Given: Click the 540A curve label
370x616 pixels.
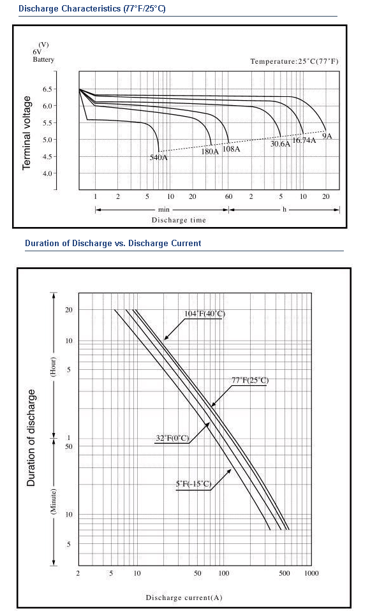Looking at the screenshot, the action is pyautogui.click(x=158, y=158).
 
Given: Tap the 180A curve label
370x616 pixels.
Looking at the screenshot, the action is pyautogui.click(x=210, y=152).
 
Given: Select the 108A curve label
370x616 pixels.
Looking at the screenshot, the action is pyautogui.click(x=231, y=149).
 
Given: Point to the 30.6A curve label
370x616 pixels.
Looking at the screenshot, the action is pyautogui.click(x=280, y=144).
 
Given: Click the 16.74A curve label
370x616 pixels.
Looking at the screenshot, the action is pyautogui.click(x=304, y=140).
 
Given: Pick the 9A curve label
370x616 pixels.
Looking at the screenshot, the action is pyautogui.click(x=327, y=136).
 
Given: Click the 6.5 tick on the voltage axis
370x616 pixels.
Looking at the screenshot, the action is pyautogui.click(x=47, y=89).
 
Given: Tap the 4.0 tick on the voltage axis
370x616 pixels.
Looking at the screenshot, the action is pyautogui.click(x=47, y=173).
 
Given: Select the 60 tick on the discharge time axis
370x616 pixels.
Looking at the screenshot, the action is pyautogui.click(x=228, y=196).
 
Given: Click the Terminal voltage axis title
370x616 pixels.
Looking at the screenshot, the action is pyautogui.click(x=26, y=133).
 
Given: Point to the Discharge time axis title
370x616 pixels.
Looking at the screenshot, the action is pyautogui.click(x=179, y=220).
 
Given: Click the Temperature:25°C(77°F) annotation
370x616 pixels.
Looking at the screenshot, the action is pyautogui.click(x=294, y=61).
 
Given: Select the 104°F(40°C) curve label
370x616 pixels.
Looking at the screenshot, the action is pyautogui.click(x=205, y=314).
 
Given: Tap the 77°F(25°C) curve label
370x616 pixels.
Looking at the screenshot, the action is pyautogui.click(x=250, y=380).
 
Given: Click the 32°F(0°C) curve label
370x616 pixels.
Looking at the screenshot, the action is pyautogui.click(x=172, y=438).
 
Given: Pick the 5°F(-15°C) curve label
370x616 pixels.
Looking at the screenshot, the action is pyautogui.click(x=193, y=483).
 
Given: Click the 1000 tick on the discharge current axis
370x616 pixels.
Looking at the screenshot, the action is pyautogui.click(x=311, y=573).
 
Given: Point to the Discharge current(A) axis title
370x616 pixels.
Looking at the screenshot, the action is pyautogui.click(x=184, y=598).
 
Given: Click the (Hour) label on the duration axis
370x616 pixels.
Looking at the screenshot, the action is pyautogui.click(x=53, y=367).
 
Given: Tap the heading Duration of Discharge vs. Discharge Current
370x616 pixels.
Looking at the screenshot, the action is pyautogui.click(x=114, y=243).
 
